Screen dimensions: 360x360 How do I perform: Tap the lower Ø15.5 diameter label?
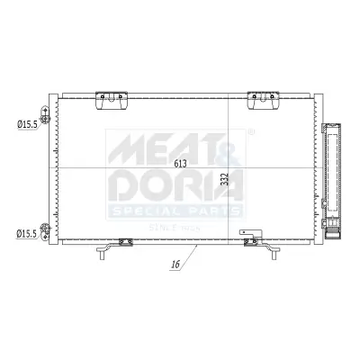[x=26, y=234]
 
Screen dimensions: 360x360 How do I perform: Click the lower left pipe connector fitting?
[x=46, y=233]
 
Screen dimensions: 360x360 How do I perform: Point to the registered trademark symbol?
[x=249, y=132]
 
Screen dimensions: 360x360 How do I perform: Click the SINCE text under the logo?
[x=162, y=225]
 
